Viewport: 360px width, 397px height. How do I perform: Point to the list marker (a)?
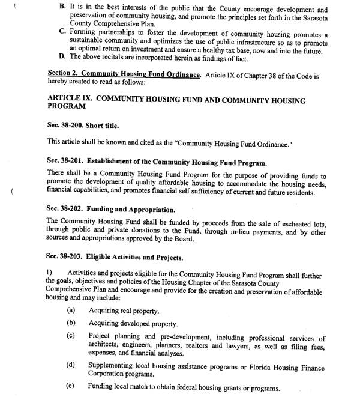coord(71,310)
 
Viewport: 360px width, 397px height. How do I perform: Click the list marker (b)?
coord(71,323)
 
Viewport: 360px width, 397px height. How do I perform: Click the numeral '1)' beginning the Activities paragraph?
coord(49,274)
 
